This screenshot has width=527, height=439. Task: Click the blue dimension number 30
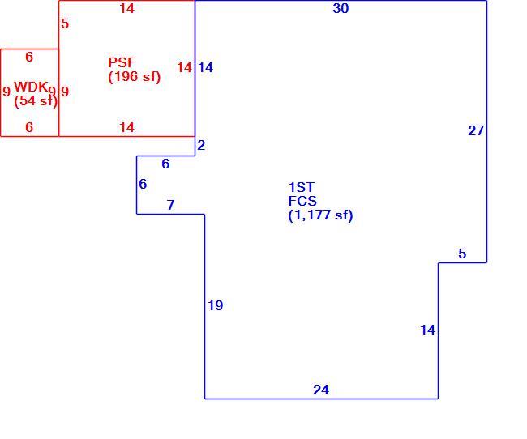[341, 8]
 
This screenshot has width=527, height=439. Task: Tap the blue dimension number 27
[476, 130]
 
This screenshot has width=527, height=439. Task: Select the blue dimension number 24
[321, 390]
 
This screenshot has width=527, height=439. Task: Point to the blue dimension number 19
[215, 305]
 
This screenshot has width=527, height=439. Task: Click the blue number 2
[201, 145]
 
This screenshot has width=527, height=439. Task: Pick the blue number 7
[170, 205]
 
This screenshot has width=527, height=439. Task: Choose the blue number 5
[462, 254]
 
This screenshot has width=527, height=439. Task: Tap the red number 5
[65, 23]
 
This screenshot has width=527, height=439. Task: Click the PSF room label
[122, 62]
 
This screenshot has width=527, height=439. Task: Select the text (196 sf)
[134, 77]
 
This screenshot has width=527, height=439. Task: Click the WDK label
[30, 87]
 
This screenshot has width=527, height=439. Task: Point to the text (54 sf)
[36, 100]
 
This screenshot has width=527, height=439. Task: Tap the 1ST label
[302, 187]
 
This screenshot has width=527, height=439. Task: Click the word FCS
[302, 201]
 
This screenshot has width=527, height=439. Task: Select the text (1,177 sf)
[320, 215]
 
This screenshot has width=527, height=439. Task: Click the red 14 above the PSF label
[126, 8]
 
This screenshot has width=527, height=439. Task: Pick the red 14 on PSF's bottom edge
[126, 127]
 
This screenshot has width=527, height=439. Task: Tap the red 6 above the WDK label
[29, 57]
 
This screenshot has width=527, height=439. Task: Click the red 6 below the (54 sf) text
[29, 127]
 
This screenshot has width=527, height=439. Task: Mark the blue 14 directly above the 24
[427, 330]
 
